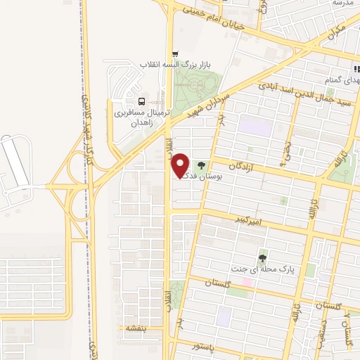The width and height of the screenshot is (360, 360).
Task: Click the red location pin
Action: (x=181, y=165)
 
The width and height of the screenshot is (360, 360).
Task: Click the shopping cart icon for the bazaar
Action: (x=175, y=53)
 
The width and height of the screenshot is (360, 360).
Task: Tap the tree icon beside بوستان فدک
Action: (x=202, y=167)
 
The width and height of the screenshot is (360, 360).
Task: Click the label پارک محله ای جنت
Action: (x=266, y=268)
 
